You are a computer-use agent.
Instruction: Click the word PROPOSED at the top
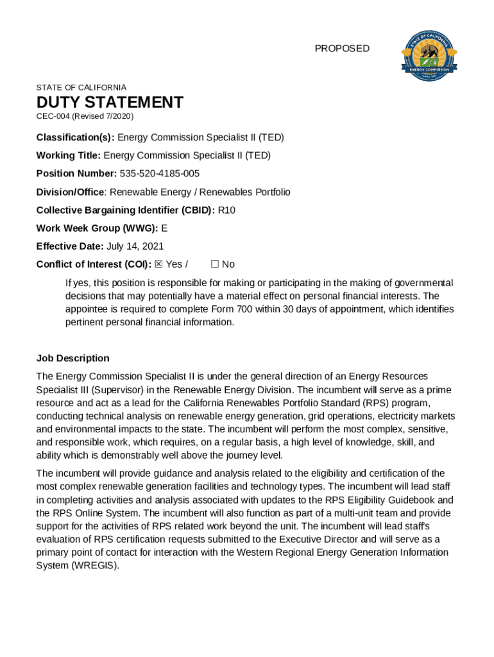pos(342,49)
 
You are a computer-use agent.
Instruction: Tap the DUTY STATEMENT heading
pos(110,103)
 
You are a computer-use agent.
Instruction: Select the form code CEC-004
pos(53,117)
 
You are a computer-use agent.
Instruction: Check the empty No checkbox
pos(215,264)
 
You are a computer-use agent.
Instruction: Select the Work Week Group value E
pos(164,228)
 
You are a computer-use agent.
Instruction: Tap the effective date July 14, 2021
pos(135,246)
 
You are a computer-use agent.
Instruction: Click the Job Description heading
pos(73,359)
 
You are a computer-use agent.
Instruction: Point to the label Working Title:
pos(69,156)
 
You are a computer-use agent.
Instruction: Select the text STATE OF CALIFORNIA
pos(81,87)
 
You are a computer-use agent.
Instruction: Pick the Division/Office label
pos(71,192)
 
